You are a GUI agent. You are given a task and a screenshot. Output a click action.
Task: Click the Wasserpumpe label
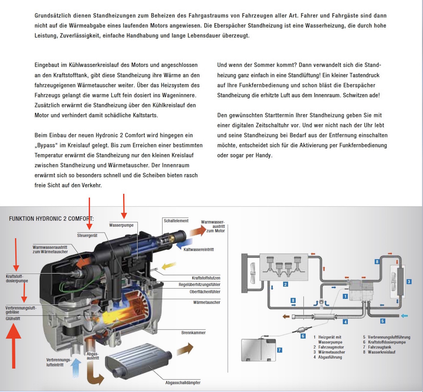[121, 225]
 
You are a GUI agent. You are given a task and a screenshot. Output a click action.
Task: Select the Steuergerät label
[87, 236]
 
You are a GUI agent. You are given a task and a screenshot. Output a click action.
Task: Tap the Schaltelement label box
[176, 221]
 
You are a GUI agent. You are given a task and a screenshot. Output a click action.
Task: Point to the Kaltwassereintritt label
[199, 250]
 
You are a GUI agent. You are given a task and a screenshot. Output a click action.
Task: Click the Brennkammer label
[193, 333]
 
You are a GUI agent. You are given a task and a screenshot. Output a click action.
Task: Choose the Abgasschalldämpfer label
[183, 383]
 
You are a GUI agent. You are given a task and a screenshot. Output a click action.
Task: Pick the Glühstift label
[13, 319]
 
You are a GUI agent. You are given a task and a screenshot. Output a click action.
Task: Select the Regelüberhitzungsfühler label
[199, 285]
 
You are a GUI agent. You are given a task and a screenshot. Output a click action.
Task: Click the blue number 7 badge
[279, 350]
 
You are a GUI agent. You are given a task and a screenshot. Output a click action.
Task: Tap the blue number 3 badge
[409, 282]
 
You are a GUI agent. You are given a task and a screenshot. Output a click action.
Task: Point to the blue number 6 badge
[303, 336]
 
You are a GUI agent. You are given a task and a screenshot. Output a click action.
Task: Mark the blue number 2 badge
[285, 284]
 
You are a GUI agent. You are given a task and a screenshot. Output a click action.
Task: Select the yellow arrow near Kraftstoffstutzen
[169, 266]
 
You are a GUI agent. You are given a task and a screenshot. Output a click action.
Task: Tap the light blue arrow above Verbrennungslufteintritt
[76, 367]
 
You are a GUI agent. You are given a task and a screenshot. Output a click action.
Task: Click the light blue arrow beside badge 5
[404, 316]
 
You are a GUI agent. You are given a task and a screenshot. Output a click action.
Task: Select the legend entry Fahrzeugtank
[379, 347]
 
